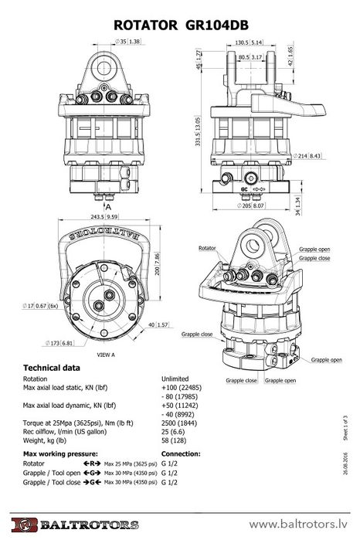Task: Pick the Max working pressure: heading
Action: (59, 453)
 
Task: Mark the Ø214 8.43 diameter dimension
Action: (309, 155)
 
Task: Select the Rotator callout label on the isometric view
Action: (207, 249)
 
